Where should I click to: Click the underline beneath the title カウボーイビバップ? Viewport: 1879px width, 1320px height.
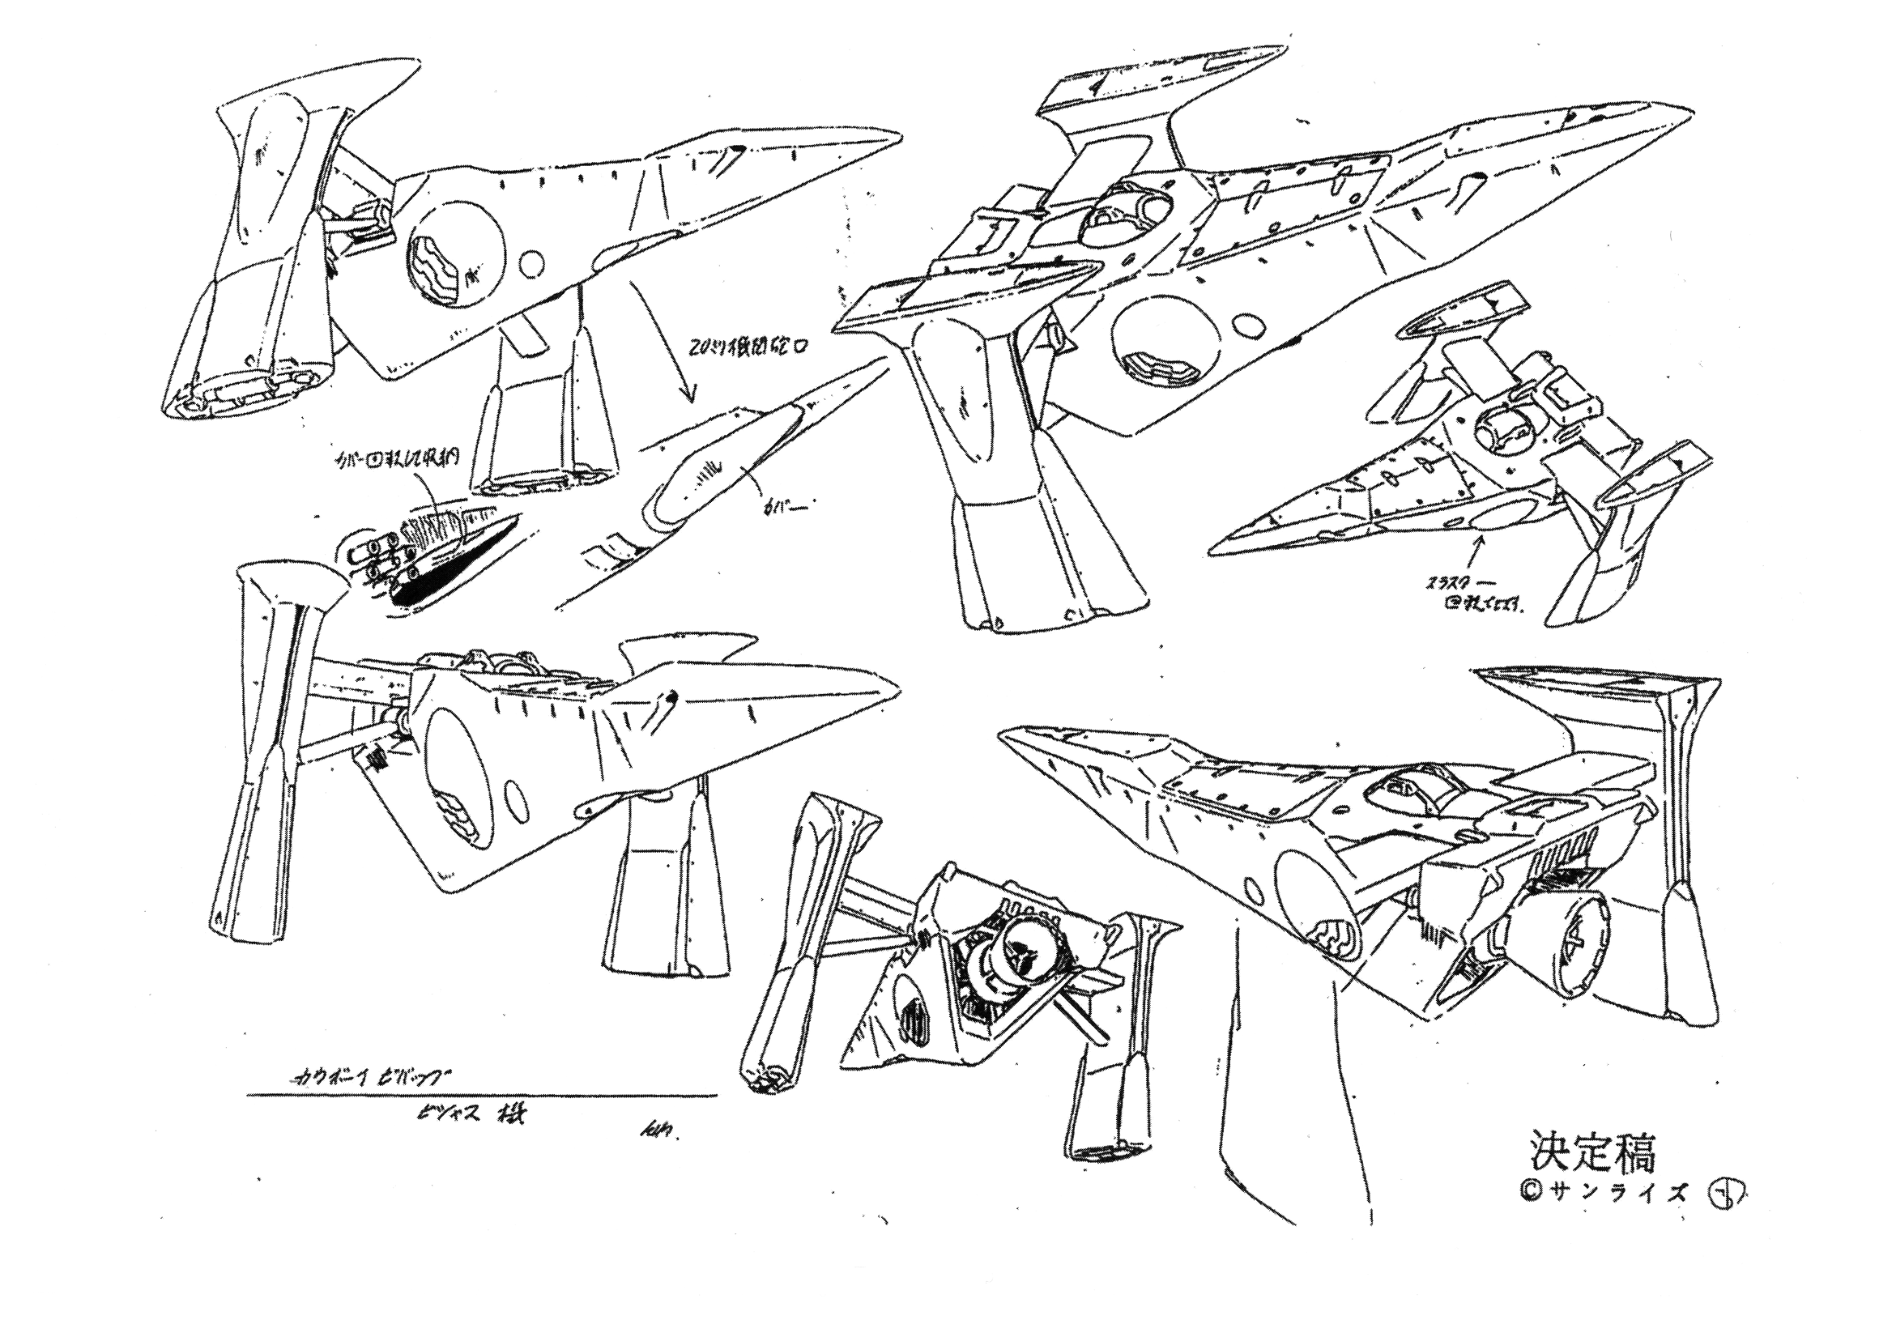[481, 1096]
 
